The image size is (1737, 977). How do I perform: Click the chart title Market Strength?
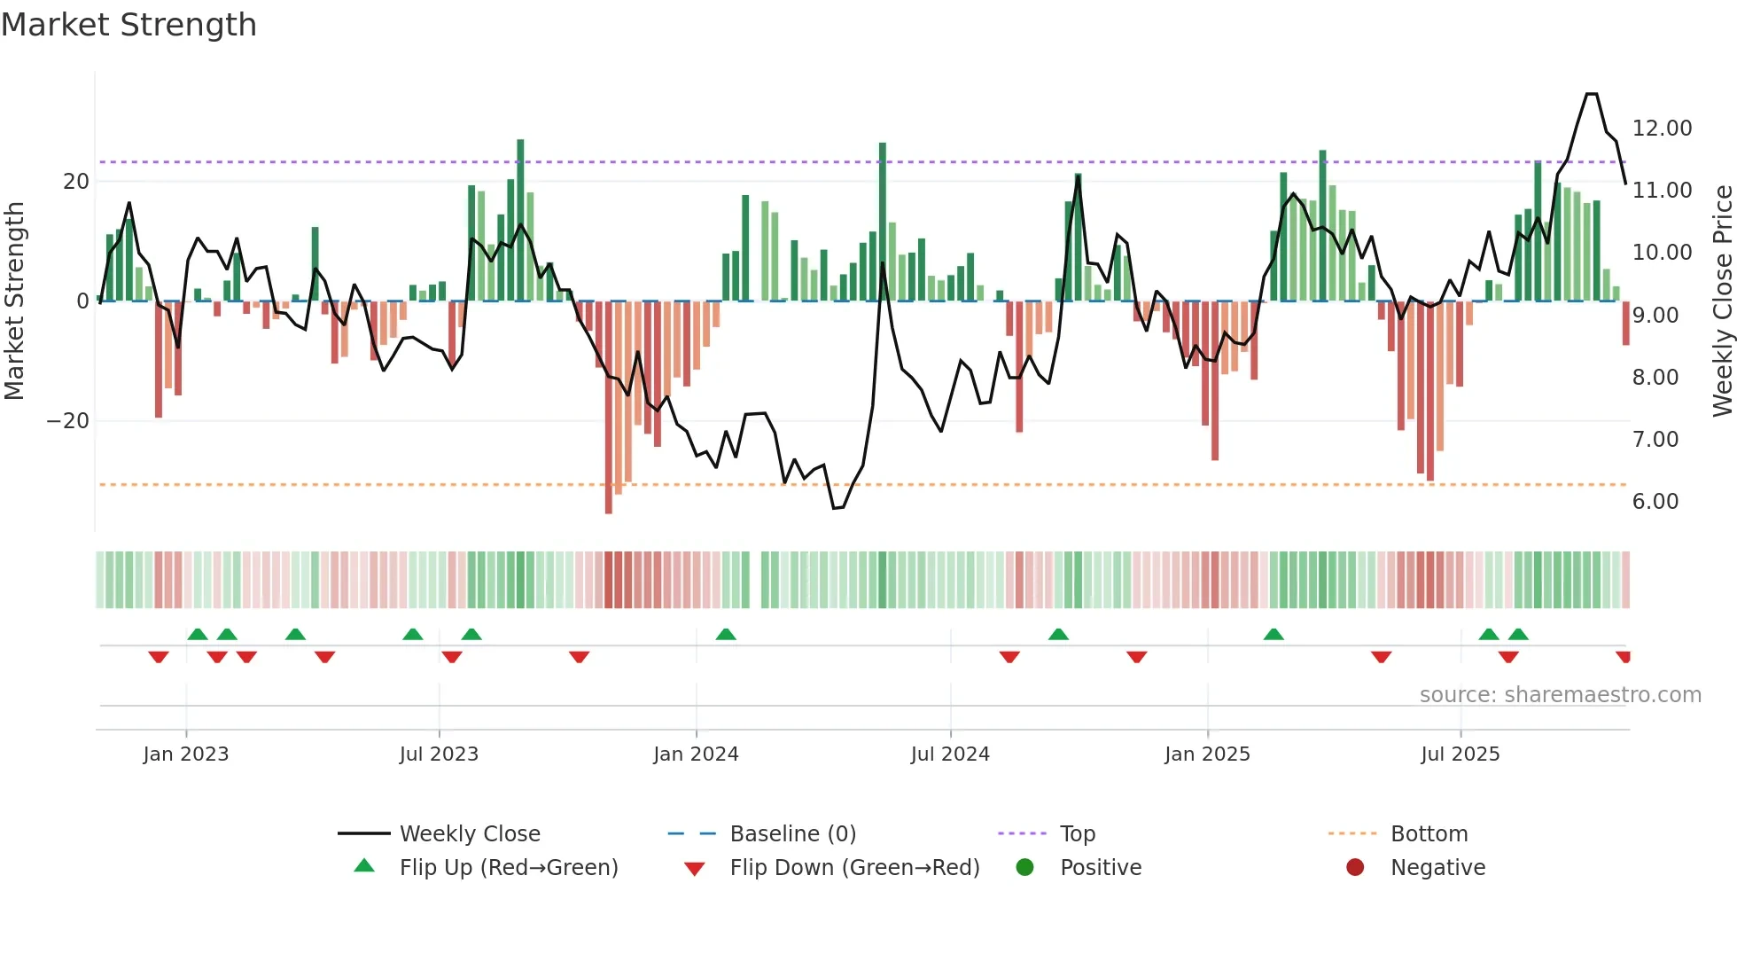pyautogui.click(x=129, y=25)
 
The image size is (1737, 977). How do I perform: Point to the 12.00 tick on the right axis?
pyautogui.click(x=1662, y=129)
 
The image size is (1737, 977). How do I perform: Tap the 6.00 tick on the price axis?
pyautogui.click(x=1655, y=502)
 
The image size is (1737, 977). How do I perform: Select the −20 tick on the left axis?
pyautogui.click(x=68, y=421)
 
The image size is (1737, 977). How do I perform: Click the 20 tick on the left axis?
pyautogui.click(x=76, y=182)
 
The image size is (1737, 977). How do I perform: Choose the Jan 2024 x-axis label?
pyautogui.click(x=696, y=754)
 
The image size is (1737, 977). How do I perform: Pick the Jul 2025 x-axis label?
pyautogui.click(x=1460, y=754)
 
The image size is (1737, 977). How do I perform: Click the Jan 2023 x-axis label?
pyautogui.click(x=186, y=754)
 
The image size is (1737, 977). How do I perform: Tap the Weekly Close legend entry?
pyautogui.click(x=469, y=834)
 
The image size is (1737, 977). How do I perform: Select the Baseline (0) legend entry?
pyautogui.click(x=792, y=834)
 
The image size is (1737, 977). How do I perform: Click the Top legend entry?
pyautogui.click(x=1077, y=834)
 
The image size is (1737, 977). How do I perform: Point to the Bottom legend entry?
pyautogui.click(x=1429, y=834)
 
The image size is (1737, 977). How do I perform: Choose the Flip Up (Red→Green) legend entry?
pyautogui.click(x=508, y=868)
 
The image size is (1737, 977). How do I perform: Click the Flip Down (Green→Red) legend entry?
pyautogui.click(x=854, y=868)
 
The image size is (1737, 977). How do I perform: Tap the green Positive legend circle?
pyautogui.click(x=1024, y=868)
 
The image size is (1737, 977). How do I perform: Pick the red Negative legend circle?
pyautogui.click(x=1355, y=868)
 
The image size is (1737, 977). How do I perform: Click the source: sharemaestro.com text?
pyautogui.click(x=1560, y=695)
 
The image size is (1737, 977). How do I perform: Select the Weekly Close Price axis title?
pyautogui.click(x=1722, y=301)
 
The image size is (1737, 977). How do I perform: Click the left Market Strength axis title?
pyautogui.click(x=14, y=301)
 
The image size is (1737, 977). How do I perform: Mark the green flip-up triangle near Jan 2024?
pyautogui.click(x=726, y=634)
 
